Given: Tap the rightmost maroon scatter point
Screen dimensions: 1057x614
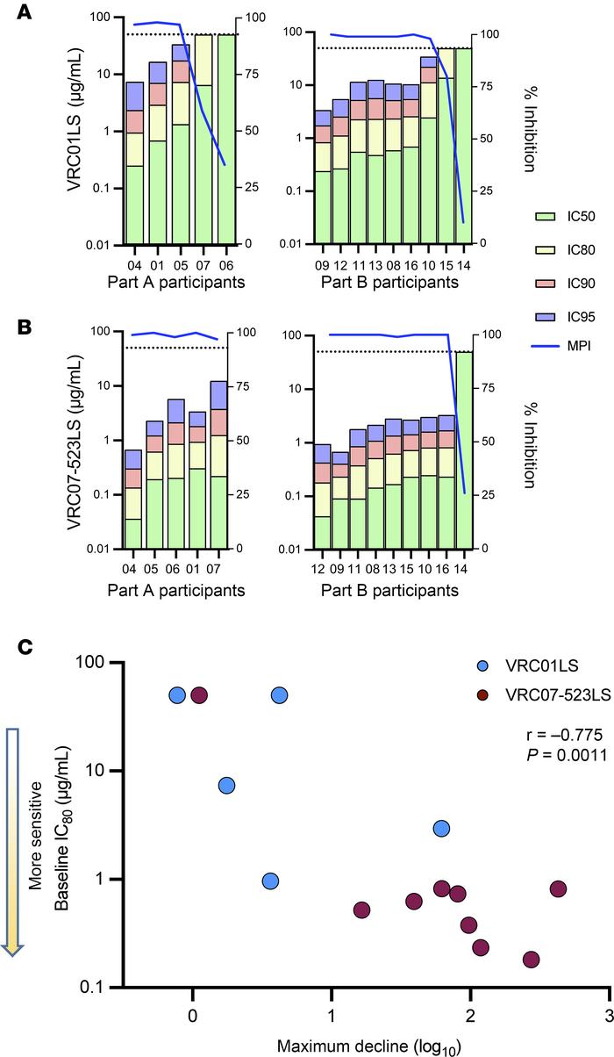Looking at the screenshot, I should pyautogui.click(x=557, y=889).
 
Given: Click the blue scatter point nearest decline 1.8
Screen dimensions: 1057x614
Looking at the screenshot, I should pyautogui.click(x=441, y=829).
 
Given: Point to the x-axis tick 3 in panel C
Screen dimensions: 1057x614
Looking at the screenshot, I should pyautogui.click(x=609, y=1014).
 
